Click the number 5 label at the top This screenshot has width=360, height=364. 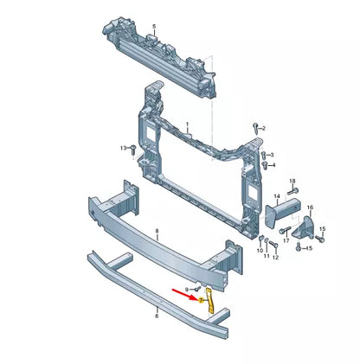[x=155, y=27]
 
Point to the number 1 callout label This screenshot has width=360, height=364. [x=184, y=125]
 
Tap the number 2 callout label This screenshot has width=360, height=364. [x=263, y=128]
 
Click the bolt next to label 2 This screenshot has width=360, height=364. [x=254, y=128]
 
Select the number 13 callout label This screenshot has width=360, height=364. [x=123, y=149]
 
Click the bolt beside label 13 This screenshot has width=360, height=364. [x=134, y=150]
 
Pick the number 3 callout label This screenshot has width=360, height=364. [x=273, y=153]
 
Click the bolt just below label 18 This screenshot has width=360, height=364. [x=293, y=189]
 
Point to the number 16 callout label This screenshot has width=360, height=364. [x=311, y=208]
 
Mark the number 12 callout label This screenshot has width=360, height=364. [x=276, y=256]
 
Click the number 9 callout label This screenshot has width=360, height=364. [x=187, y=288]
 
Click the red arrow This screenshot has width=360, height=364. [x=184, y=297]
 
